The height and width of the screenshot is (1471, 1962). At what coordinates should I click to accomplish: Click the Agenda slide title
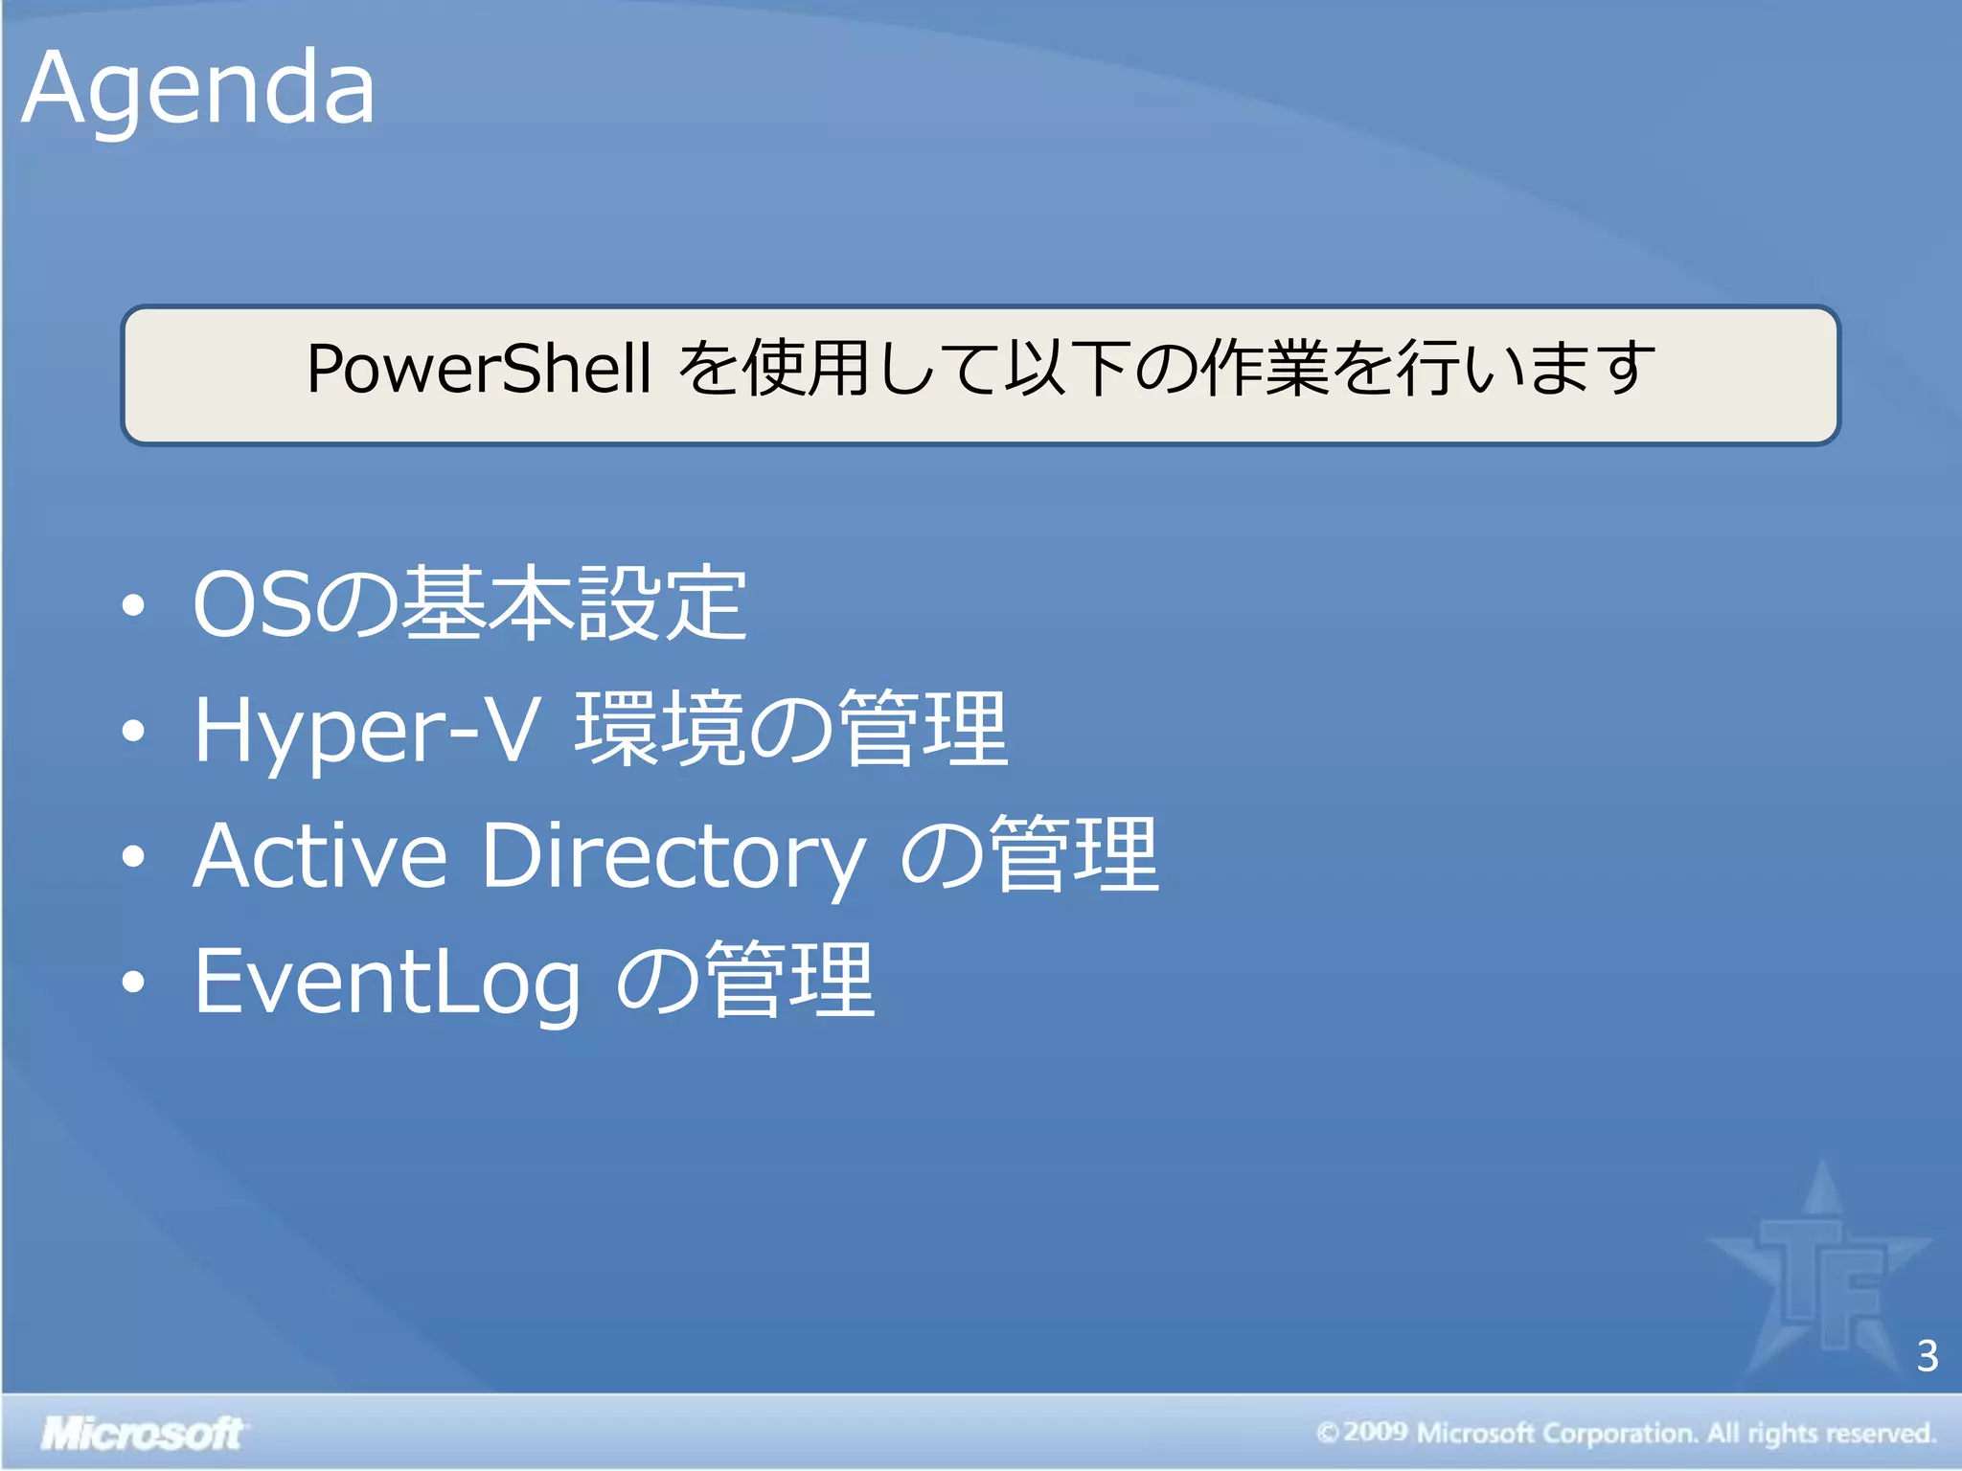(x=198, y=89)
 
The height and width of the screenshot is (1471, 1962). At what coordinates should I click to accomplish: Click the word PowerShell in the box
(x=479, y=370)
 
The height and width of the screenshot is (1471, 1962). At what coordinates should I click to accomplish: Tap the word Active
(x=320, y=855)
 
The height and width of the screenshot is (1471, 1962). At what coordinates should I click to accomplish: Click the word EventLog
(x=387, y=981)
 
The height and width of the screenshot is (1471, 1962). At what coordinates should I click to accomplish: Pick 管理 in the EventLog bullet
(x=790, y=981)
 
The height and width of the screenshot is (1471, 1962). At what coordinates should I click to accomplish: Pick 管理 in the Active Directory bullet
(x=1074, y=855)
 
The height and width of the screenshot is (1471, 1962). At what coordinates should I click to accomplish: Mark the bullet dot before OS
(x=134, y=606)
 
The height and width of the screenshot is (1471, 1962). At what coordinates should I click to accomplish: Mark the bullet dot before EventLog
(x=134, y=983)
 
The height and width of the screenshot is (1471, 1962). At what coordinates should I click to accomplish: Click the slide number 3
(x=1928, y=1356)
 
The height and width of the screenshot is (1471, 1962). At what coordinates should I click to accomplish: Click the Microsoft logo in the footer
(x=142, y=1434)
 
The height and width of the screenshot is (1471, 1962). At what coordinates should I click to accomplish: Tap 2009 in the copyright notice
(x=1375, y=1433)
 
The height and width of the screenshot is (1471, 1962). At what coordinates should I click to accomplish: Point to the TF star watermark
(x=1820, y=1274)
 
